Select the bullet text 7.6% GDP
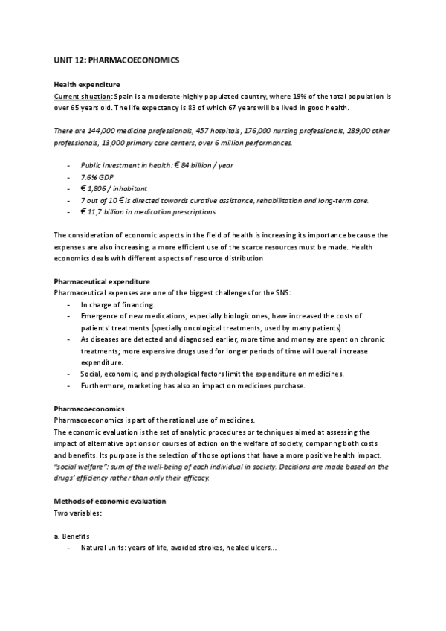94,177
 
